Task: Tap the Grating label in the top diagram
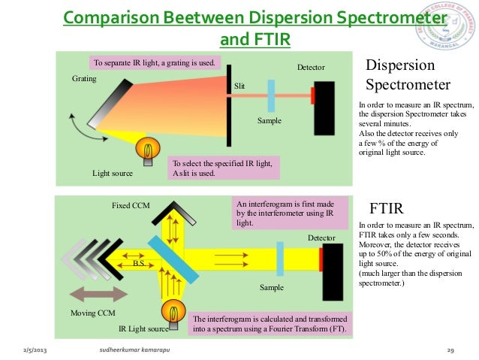pos(83,78)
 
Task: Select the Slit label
pos(239,86)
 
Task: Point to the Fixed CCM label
pos(131,205)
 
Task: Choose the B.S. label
pos(139,264)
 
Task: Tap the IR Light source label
pos(143,328)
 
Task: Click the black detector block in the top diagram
pos(324,107)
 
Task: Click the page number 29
pos(451,350)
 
